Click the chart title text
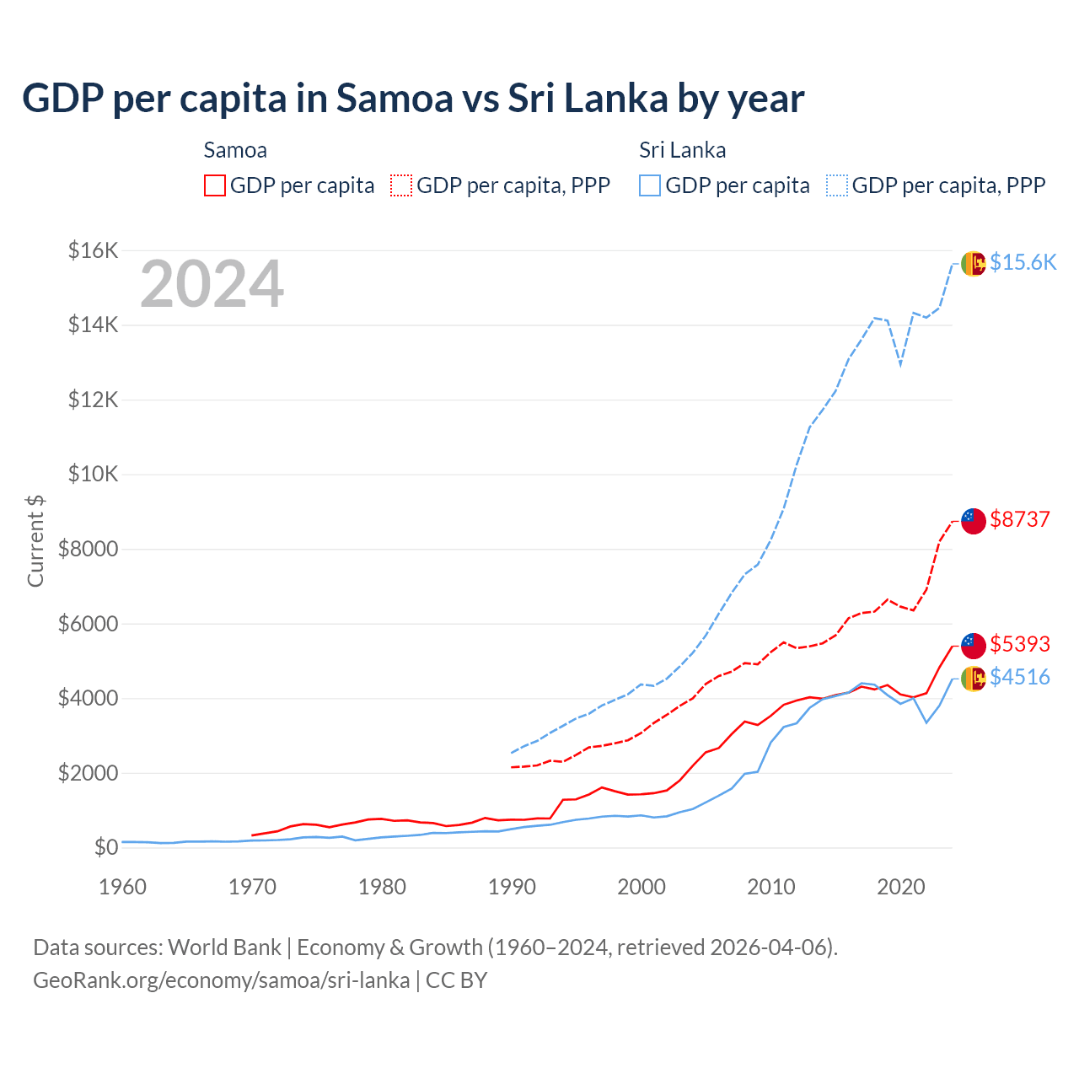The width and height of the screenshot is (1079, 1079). (x=413, y=99)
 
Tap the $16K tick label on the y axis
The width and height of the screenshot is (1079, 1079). (x=94, y=250)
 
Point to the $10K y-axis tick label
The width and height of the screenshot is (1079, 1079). (x=94, y=474)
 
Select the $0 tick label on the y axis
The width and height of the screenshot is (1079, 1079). (x=106, y=847)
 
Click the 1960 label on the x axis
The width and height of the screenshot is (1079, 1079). (x=123, y=887)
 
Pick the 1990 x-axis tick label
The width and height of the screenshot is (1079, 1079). (x=512, y=887)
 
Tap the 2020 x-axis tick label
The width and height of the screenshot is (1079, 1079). (x=901, y=887)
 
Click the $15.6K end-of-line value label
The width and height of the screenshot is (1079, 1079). (x=1023, y=262)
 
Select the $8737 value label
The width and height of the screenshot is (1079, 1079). (x=1020, y=519)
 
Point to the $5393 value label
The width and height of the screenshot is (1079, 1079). (x=1020, y=644)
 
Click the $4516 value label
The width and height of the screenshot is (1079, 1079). (x=1020, y=677)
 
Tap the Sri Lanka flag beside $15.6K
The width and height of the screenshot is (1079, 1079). (x=974, y=264)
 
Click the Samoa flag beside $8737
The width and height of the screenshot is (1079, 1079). (x=974, y=521)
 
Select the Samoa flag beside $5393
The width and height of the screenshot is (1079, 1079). (x=974, y=646)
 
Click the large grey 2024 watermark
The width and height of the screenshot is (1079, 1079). (x=212, y=284)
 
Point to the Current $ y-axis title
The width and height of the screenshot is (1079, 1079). (x=35, y=540)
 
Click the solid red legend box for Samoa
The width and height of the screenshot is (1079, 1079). (x=215, y=185)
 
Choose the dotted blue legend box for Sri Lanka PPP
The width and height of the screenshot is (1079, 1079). (x=837, y=185)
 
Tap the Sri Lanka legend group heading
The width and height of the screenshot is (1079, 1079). (x=682, y=150)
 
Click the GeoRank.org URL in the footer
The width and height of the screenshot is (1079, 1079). (x=221, y=980)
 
